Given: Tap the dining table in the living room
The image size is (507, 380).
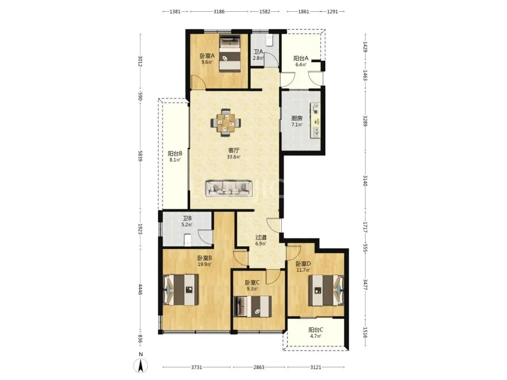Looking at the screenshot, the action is [x=226, y=122].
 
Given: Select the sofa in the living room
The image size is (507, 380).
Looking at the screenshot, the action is [x=229, y=189].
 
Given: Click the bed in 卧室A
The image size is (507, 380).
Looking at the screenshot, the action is [x=230, y=53].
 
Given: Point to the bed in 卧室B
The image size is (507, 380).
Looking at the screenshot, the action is [x=180, y=289].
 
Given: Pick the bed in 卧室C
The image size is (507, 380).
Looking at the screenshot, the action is [x=252, y=306].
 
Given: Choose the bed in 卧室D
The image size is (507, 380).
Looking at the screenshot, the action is [x=326, y=290].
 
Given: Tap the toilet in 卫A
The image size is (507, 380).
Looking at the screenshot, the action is [x=269, y=40].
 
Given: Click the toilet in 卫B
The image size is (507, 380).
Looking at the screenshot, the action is [x=188, y=239].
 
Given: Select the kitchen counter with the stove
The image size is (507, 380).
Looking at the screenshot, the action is [x=315, y=120].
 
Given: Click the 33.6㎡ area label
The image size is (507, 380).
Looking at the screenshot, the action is [x=233, y=157].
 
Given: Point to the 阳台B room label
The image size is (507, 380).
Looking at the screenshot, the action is [x=175, y=153].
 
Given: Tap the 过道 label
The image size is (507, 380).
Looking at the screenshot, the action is [x=261, y=237].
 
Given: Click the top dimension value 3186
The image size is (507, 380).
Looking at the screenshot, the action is [x=219, y=11].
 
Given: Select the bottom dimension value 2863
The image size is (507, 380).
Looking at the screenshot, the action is [x=259, y=367].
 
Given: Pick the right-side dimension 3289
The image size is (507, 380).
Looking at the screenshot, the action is [x=365, y=121].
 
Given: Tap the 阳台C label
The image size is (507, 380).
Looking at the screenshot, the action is [x=315, y=330].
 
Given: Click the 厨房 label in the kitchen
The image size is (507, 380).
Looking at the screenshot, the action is [x=297, y=118].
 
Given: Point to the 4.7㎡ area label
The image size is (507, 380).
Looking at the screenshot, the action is [x=315, y=336].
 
